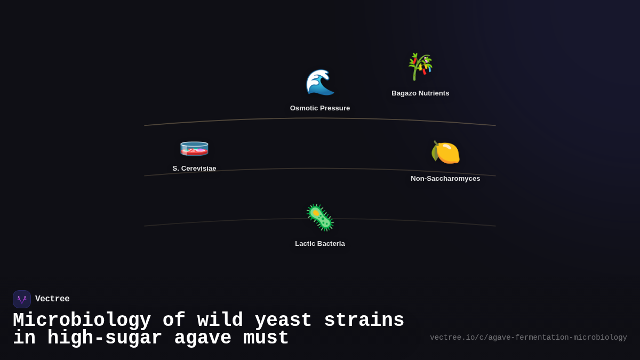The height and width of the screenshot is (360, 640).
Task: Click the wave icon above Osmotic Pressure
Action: (320, 83)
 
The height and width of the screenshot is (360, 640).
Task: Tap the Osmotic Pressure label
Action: (320, 108)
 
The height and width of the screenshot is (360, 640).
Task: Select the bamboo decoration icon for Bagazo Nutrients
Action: (420, 67)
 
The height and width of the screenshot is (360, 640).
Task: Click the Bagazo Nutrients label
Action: (420, 93)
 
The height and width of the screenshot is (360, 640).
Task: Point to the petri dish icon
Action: (194, 148)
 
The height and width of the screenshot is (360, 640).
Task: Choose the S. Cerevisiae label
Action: (194, 169)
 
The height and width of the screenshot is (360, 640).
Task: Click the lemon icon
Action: (445, 153)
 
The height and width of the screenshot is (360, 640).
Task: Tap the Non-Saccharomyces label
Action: (445, 179)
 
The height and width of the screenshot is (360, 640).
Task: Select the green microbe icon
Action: (320, 218)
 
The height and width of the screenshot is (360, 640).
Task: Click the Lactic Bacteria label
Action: (320, 244)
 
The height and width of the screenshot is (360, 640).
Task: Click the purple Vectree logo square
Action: (22, 299)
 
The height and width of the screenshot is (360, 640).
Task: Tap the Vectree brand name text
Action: (52, 299)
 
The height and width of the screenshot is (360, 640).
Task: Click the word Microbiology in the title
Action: (82, 321)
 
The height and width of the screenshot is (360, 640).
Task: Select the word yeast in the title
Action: (283, 321)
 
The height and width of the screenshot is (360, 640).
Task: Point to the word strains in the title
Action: (364, 321)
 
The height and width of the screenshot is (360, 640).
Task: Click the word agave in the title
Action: (203, 338)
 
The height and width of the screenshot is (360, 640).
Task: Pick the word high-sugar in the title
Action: (105, 338)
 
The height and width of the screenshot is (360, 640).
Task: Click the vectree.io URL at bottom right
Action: (528, 338)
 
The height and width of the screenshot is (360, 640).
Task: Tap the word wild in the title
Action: (220, 321)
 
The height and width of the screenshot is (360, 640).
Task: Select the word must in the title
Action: (266, 338)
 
